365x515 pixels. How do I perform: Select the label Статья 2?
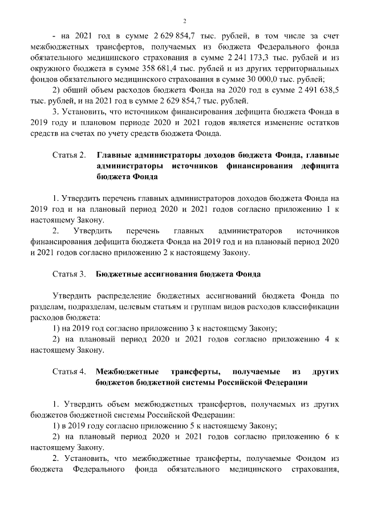pos(68,155)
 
